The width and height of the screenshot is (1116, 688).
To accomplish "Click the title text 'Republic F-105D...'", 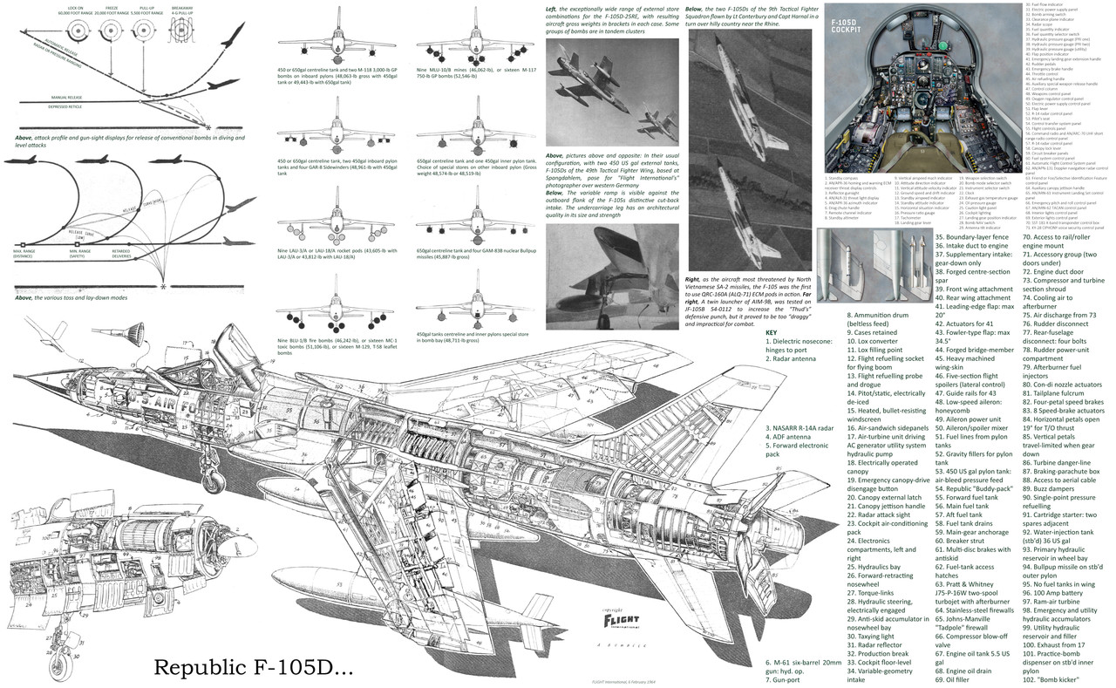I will click(x=253, y=667).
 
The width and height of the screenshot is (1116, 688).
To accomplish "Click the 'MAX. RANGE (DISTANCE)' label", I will click(x=26, y=254).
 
